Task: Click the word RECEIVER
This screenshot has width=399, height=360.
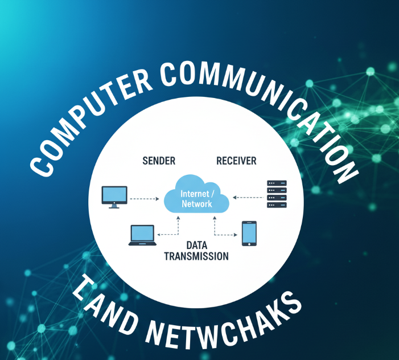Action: [x=236, y=161]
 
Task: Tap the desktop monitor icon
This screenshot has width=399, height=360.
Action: [x=114, y=195]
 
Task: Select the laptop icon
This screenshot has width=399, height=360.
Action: [x=142, y=235]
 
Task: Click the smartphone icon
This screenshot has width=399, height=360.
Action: [x=249, y=234]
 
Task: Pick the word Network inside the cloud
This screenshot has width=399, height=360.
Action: [x=196, y=204]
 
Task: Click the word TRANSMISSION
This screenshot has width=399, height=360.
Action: [x=196, y=256]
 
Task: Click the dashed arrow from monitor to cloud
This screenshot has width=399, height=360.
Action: [x=145, y=199]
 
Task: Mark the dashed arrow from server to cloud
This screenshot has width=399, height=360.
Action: [x=248, y=198]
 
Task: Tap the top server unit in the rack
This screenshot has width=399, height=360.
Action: [x=277, y=183]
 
